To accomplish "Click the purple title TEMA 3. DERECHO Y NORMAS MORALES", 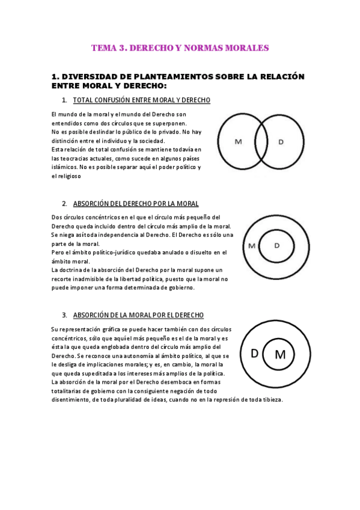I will (x=180, y=48).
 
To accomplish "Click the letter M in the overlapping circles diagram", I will (x=239, y=142).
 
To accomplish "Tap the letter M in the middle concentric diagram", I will (x=252, y=245).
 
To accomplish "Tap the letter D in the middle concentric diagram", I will (x=277, y=245).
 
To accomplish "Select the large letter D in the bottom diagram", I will (x=254, y=354).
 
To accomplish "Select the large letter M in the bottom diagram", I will (x=280, y=355).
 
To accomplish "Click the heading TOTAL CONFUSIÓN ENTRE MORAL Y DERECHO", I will (x=141, y=100).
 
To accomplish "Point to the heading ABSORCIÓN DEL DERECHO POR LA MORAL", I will (x=136, y=204).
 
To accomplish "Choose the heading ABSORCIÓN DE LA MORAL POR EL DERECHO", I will (x=138, y=315).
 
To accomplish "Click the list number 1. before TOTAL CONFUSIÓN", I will (x=64, y=100).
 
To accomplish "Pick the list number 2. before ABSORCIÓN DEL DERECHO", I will (x=64, y=204).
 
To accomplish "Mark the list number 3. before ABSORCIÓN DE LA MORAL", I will (x=64, y=315).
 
